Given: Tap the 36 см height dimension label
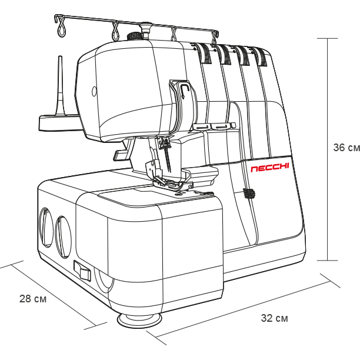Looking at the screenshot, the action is pos(346,148).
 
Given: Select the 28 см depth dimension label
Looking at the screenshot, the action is pos(33,299).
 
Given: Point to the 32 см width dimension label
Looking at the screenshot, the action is pos(274,318).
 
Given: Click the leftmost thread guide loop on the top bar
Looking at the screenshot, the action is pos(62,27).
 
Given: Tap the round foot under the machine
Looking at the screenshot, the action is pos(139,320).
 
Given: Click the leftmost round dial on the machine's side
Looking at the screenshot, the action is pos(46,228).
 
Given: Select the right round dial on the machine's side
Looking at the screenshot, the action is pos(63,237).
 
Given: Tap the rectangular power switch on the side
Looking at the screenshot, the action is pos(82,271).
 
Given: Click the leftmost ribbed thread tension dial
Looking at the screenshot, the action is pos(205,54).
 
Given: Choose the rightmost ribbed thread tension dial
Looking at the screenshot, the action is pos(261,57).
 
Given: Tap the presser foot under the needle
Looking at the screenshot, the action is pos(171,182).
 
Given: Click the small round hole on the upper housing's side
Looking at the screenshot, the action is pos(94,92).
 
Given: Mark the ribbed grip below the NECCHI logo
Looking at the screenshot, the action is pos(249,193).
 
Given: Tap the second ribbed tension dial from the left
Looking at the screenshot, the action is pos(224,54).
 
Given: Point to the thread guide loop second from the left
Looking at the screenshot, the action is pos(115,31).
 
